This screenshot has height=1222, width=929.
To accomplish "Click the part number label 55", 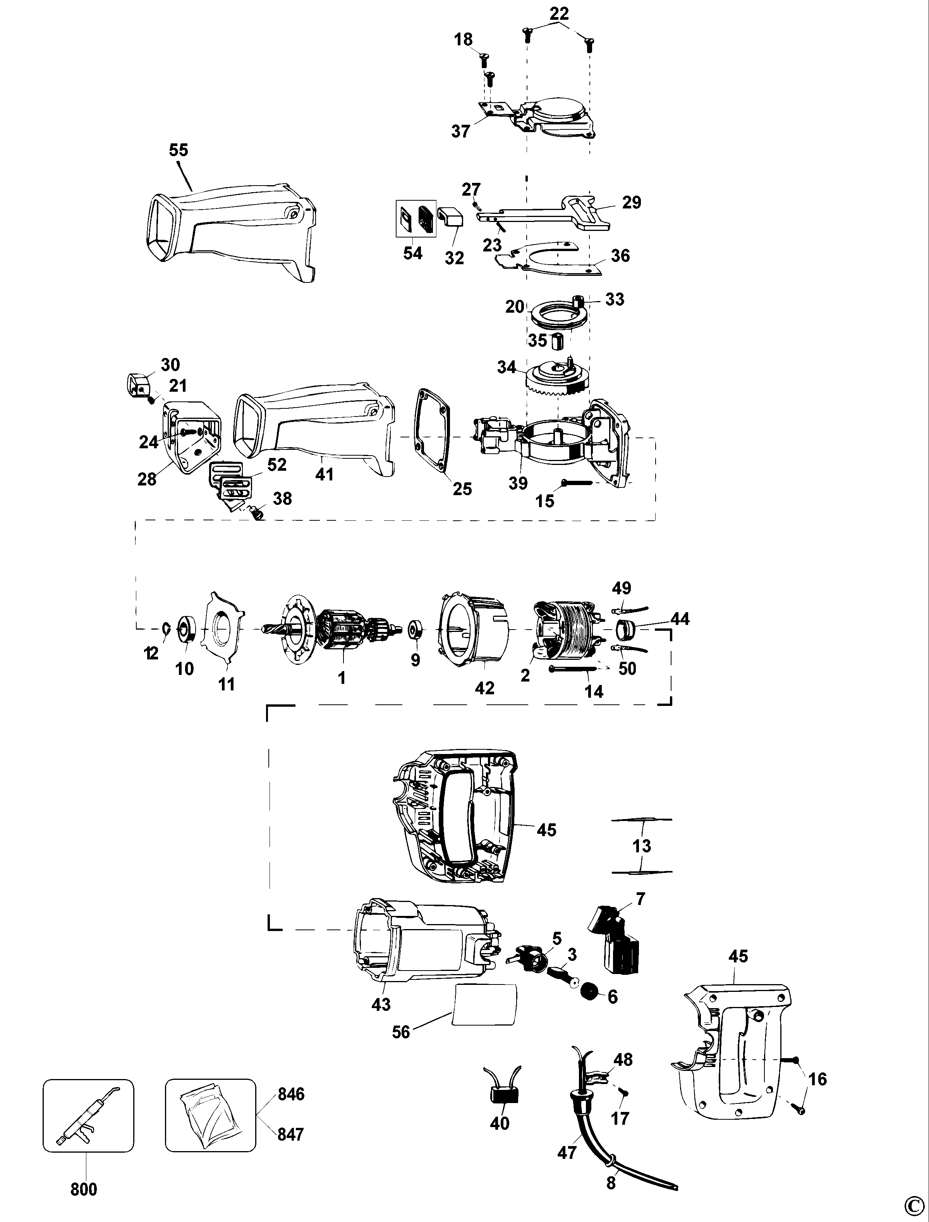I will coord(179,150).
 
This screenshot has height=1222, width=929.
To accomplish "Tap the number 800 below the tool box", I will coord(84,1188).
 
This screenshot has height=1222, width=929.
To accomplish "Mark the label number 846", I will coord(291,1094).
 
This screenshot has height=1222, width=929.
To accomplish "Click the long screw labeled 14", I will coord(573,670).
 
